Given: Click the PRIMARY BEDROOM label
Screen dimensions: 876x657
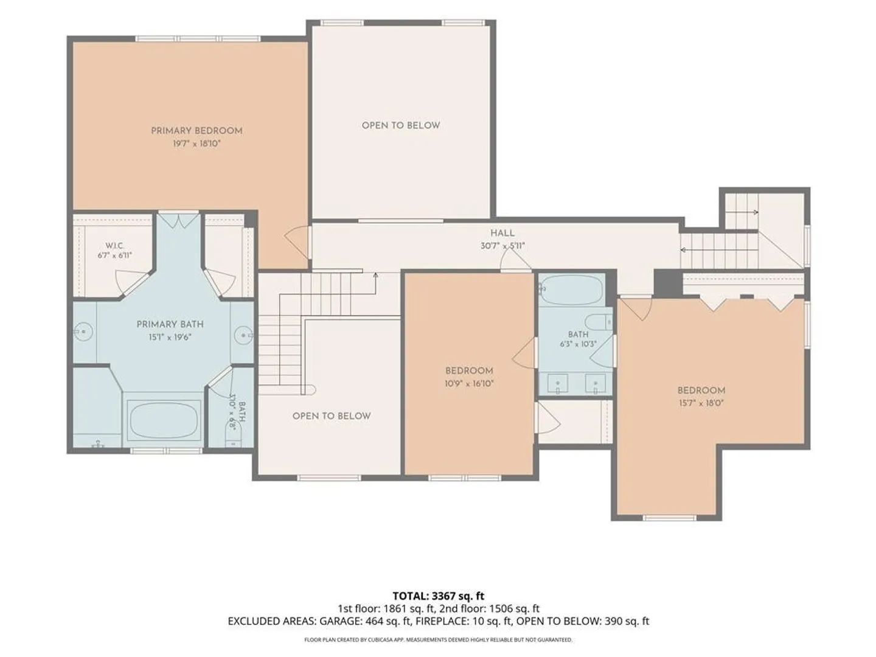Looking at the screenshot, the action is click(196, 131).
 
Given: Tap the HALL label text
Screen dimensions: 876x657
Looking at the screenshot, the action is click(502, 234).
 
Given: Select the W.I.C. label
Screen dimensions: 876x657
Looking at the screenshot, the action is click(114, 245).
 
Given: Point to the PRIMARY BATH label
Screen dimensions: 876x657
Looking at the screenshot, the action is click(170, 324).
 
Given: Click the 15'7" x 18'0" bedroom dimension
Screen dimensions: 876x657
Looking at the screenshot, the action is click(701, 403).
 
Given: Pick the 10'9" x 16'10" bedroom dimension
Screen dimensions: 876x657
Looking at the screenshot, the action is click(469, 384).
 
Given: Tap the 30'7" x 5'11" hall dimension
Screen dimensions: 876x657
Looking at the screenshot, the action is click(502, 246).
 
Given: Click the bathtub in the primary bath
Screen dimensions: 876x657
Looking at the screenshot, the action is click(164, 421).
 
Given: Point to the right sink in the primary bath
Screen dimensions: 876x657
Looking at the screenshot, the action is click(243, 336).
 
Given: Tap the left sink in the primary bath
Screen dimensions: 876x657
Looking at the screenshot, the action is click(83, 332).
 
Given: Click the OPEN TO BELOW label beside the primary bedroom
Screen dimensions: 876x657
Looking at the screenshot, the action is click(401, 126).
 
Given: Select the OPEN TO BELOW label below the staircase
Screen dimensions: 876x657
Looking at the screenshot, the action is click(332, 416).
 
